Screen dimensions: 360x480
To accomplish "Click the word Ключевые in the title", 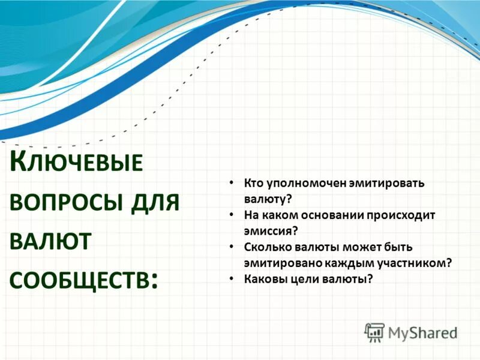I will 77,164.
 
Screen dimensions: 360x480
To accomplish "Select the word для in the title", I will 155,202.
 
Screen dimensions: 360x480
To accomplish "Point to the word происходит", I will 407,215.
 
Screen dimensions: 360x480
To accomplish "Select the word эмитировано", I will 281,262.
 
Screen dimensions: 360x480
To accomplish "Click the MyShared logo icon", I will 374,332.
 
